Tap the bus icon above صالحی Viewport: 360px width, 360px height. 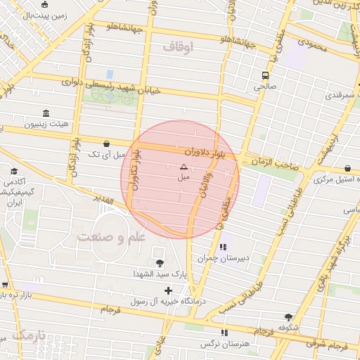(265, 75)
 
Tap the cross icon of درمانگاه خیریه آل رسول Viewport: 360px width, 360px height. (167, 290)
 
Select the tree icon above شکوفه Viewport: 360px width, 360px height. (288, 317)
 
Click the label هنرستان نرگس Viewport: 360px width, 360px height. (219, 344)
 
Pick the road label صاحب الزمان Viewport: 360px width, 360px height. (269, 162)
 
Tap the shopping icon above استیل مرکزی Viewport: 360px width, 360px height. (349, 168)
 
